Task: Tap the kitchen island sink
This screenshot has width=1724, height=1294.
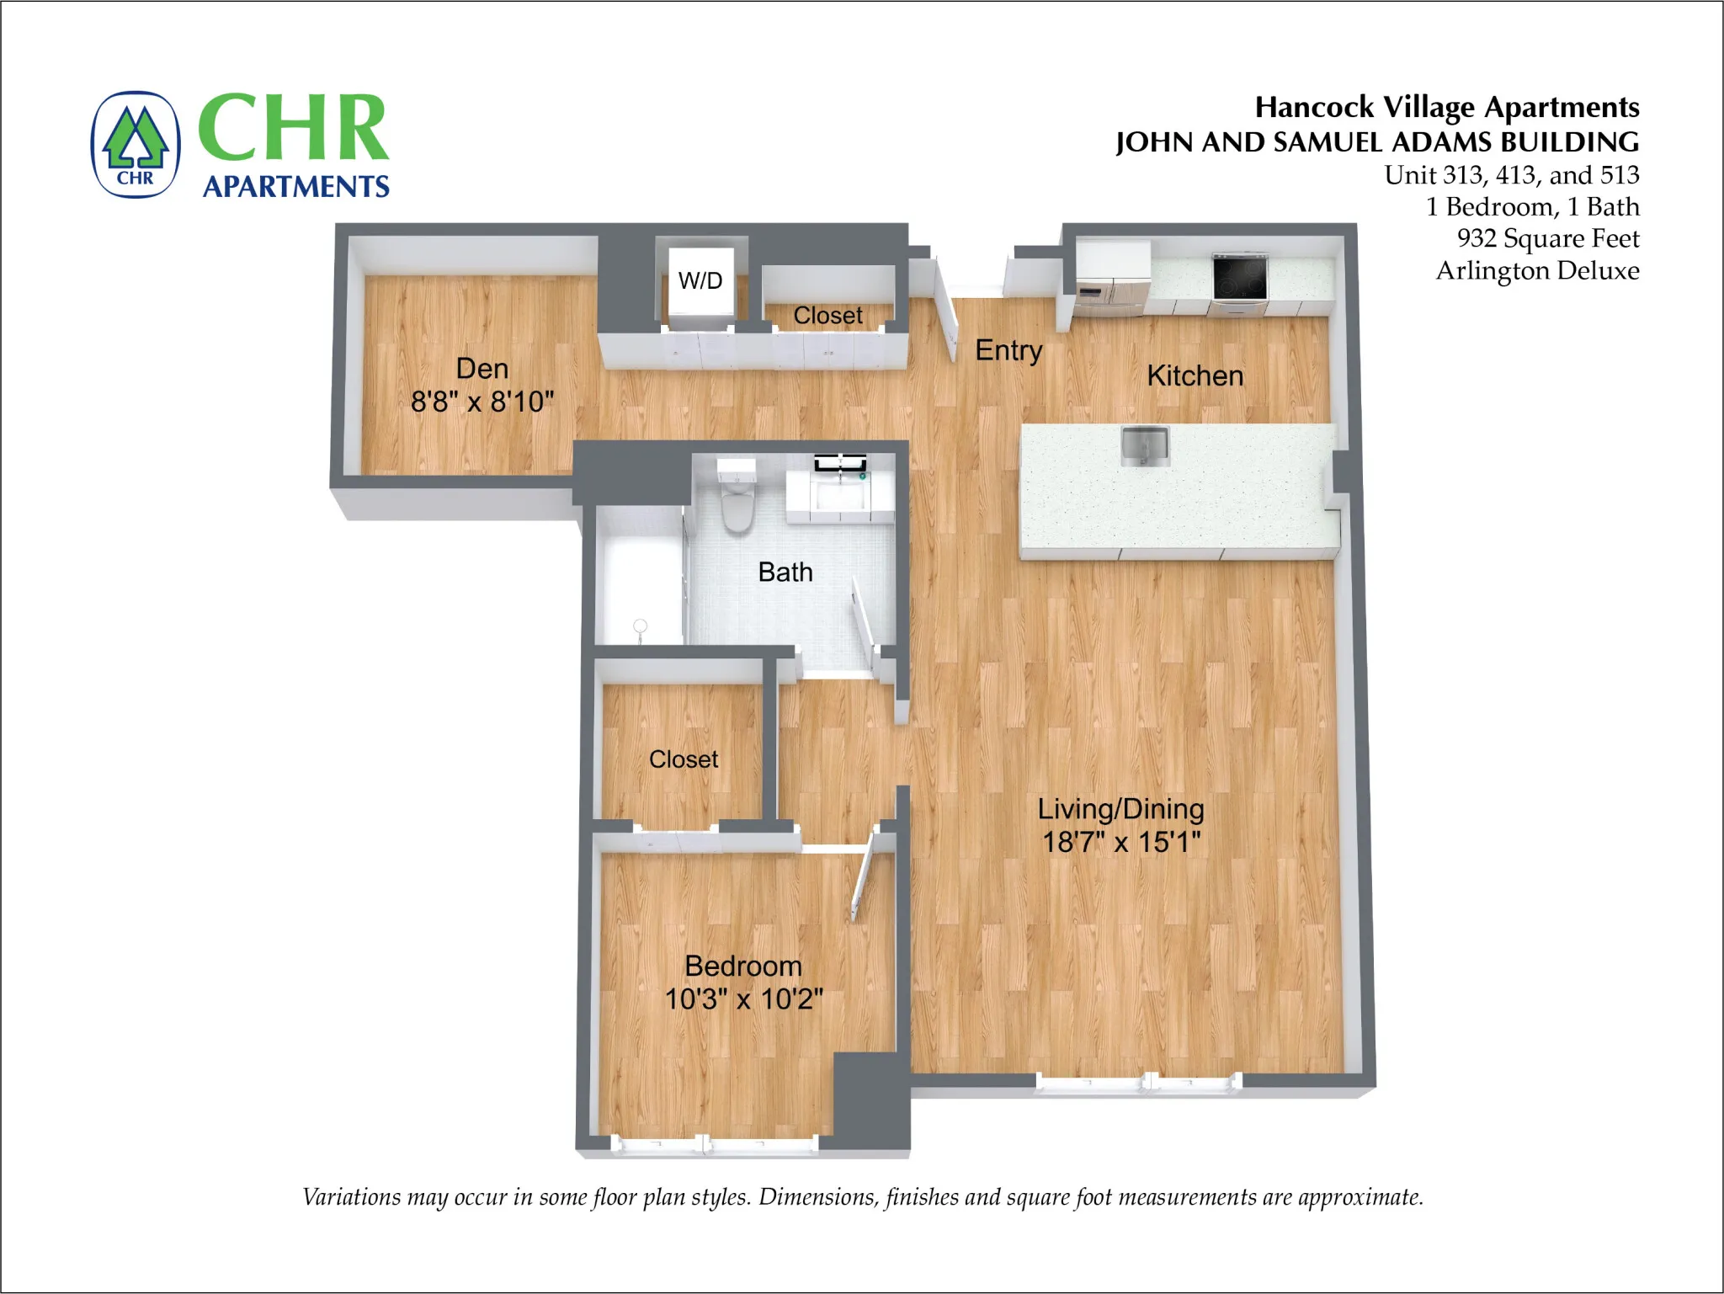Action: [1145, 445]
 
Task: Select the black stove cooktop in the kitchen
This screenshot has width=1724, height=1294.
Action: [1239, 275]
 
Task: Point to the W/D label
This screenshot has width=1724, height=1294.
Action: [700, 280]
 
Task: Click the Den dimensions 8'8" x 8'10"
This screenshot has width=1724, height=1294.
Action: [482, 402]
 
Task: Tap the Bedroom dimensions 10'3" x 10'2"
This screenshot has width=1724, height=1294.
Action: [744, 998]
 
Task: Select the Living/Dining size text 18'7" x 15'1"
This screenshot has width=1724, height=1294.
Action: [1121, 841]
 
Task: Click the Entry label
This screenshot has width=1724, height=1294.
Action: [1008, 349]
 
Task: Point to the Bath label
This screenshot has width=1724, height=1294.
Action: [785, 572]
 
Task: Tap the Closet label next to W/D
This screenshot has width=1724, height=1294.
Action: [827, 315]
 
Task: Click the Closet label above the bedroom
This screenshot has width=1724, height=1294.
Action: [684, 759]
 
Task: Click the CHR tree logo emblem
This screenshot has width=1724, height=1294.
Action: [136, 145]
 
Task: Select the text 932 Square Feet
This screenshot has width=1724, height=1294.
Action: [1547, 238]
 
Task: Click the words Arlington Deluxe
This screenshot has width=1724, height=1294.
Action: [1537, 270]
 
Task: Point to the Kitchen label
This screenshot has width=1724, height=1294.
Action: [1195, 375]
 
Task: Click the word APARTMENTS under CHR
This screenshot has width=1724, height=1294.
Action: [296, 186]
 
